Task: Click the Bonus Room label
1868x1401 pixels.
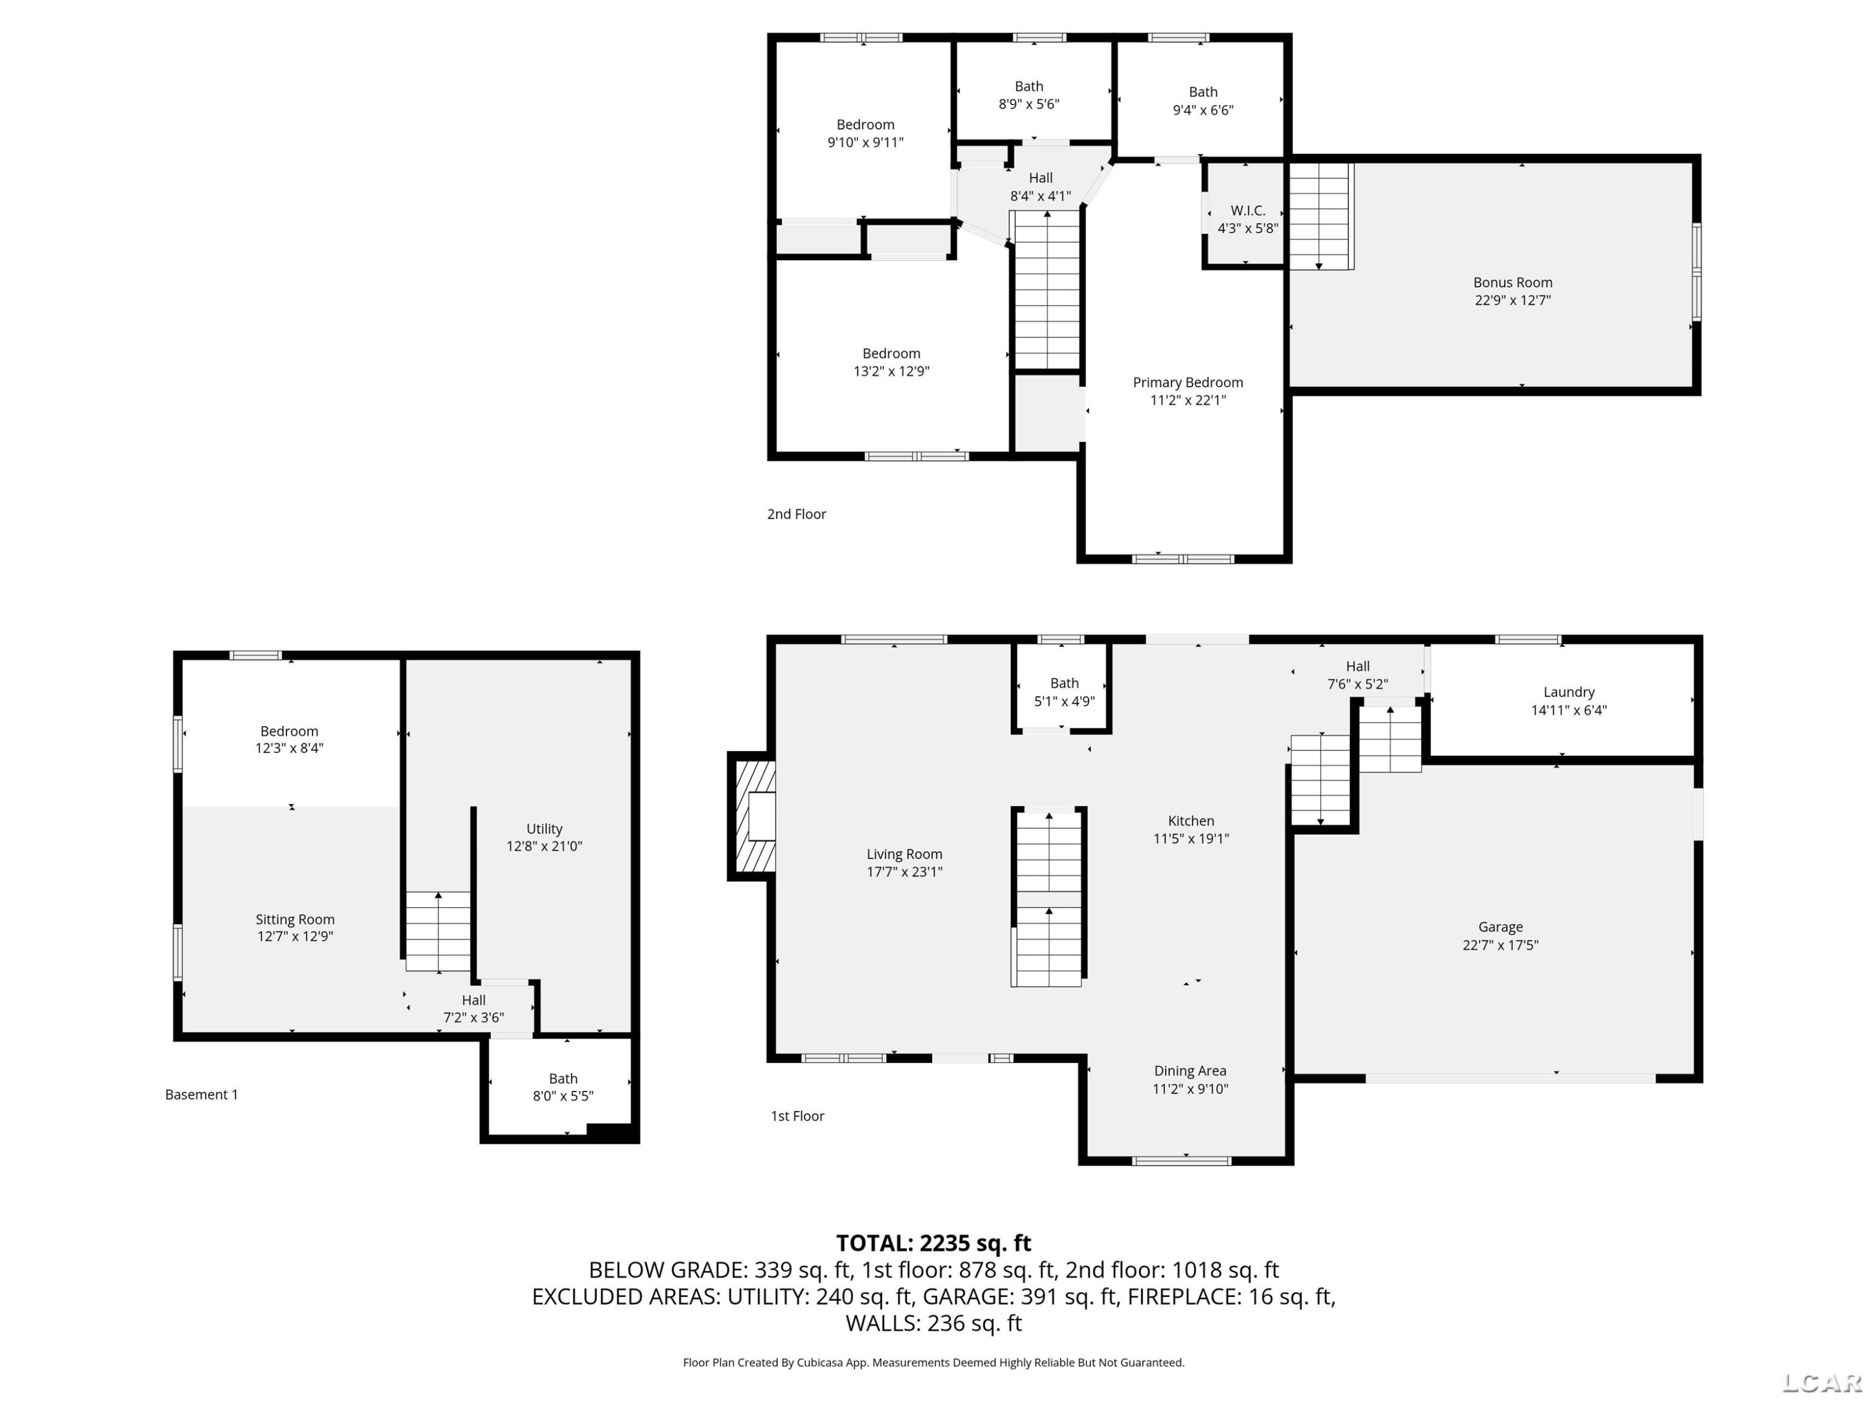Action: point(1512,283)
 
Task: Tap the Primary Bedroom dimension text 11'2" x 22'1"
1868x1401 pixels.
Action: point(1187,400)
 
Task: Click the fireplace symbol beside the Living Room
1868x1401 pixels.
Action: point(752,816)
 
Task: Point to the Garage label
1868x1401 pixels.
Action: point(1501,927)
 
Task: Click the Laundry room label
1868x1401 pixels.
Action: point(1569,692)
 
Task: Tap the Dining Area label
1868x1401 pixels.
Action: point(1190,1071)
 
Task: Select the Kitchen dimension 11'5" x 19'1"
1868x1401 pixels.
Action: point(1191,839)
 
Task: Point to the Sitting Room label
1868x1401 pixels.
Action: point(295,919)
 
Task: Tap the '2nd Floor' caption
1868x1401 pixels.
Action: point(796,514)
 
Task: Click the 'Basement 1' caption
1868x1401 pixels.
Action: point(201,1095)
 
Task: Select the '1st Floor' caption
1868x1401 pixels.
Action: point(797,1116)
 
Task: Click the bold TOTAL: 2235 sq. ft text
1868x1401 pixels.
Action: point(933,1243)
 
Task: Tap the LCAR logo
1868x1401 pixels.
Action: point(1821,1382)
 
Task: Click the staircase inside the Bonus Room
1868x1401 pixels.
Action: point(1321,216)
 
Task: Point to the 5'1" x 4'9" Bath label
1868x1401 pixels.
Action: point(1064,692)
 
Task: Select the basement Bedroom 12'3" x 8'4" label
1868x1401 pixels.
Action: point(289,739)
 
